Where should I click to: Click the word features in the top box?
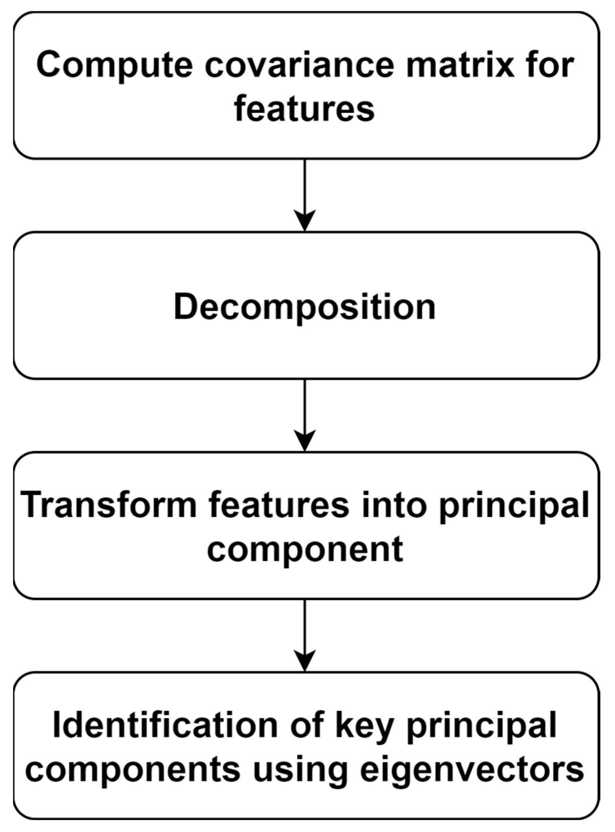[304, 109]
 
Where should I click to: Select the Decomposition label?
[304, 307]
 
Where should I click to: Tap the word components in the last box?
[132, 771]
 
